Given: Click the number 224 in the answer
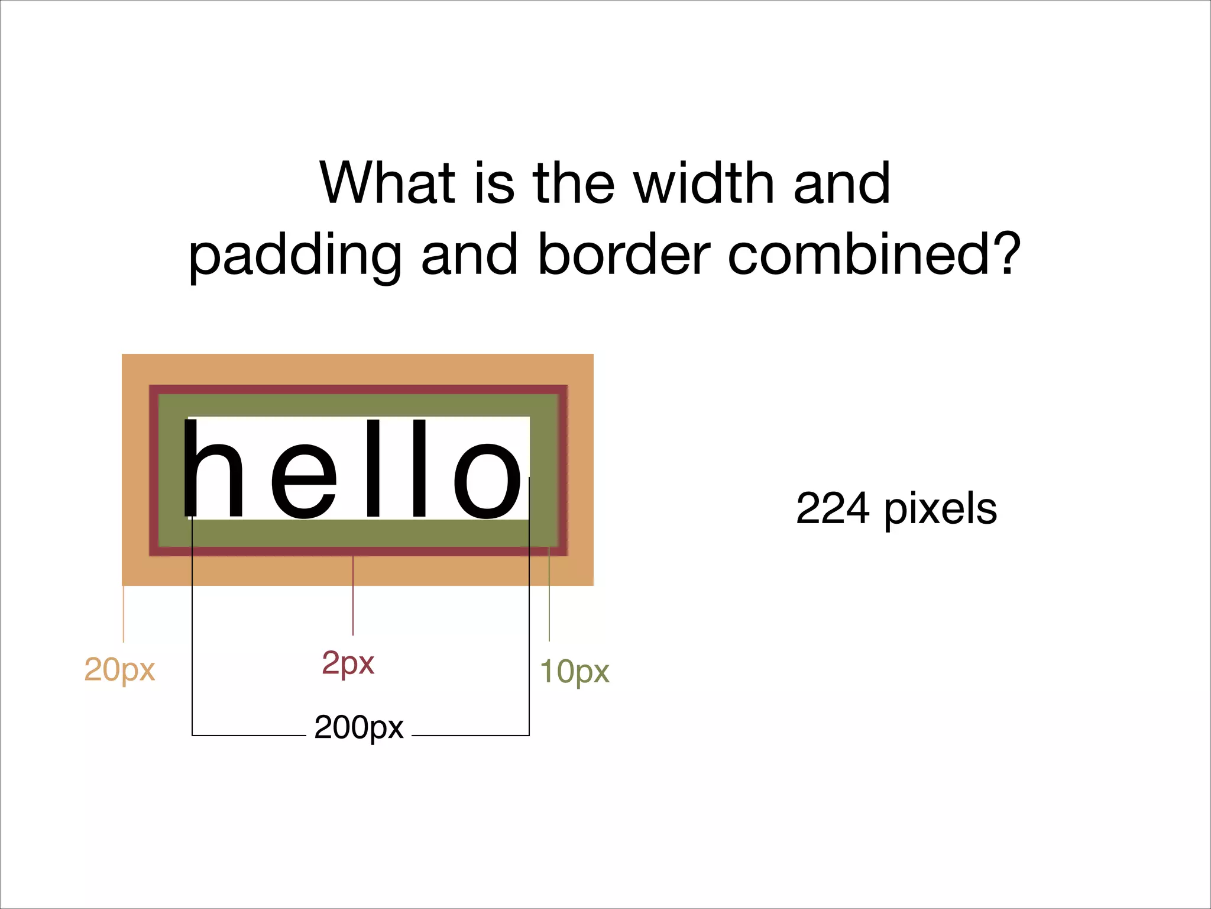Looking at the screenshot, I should click(833, 509).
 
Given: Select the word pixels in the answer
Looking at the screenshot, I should click(941, 510).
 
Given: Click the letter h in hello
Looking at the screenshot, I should click(213, 469).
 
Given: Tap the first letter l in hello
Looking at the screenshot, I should click(374, 469).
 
